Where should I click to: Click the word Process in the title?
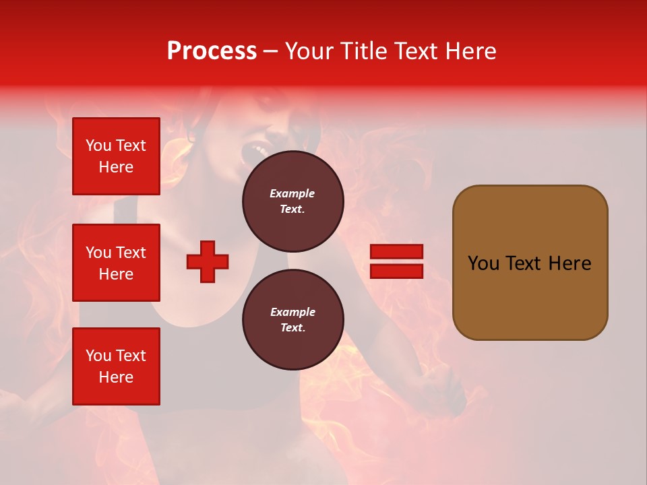coord(212,51)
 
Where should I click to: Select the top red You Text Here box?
coord(116,156)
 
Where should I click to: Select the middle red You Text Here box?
coord(116,263)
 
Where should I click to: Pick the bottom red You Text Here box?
coord(116,366)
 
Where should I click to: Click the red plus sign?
coord(208,261)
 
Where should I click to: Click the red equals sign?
coord(396,261)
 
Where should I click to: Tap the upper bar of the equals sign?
coord(396,252)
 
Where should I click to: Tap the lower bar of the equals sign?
coord(396,271)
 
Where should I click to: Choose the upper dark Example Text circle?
coord(292,201)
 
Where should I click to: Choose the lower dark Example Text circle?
coord(292,319)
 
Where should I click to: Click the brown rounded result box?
coord(530,263)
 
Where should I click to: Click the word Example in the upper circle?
coord(292,193)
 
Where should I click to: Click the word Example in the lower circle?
coord(292,312)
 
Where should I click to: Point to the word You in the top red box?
coord(98,145)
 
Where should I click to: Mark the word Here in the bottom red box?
coord(116,377)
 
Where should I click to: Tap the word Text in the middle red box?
coord(131,253)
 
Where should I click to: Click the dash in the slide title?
coord(271,51)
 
